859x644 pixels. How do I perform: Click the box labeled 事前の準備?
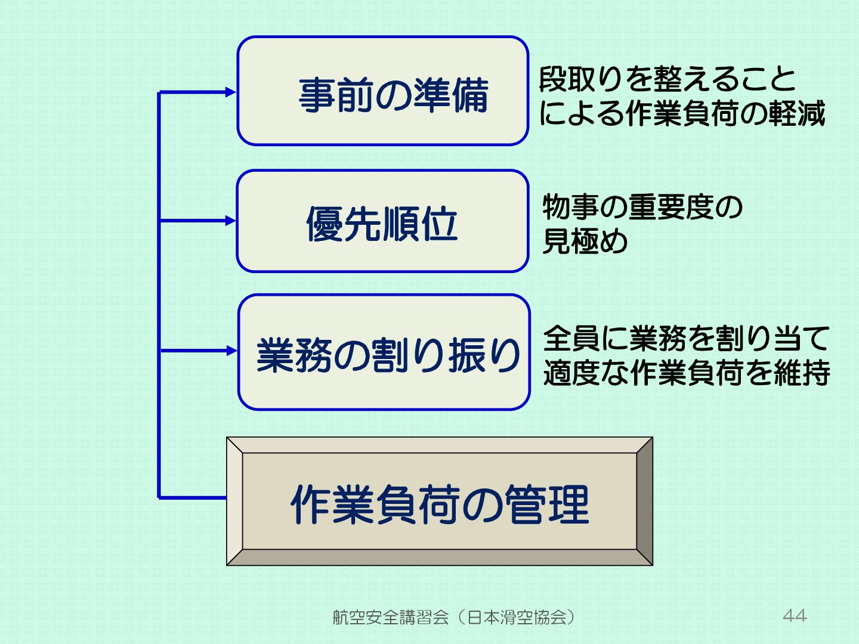coord(383,91)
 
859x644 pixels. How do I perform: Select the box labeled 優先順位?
coord(383,221)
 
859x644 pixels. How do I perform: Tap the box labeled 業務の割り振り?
coord(384,352)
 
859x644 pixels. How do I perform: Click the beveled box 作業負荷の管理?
coord(440,501)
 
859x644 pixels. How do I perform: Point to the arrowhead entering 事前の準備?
coord(230,92)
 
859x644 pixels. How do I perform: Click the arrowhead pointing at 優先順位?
coord(230,221)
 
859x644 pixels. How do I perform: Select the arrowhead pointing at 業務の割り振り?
coord(231,351)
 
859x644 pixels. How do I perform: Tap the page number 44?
coord(795,615)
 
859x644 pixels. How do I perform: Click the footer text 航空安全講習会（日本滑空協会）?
coord(454,617)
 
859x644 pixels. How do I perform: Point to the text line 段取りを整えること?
coord(668,79)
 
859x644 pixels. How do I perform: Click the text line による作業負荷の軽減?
coord(682,113)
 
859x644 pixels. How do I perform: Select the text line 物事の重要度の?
coord(642,207)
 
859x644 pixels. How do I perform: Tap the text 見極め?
coord(585,241)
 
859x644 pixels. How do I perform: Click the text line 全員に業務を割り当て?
coord(686,338)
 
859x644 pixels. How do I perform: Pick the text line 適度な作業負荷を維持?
coord(686,373)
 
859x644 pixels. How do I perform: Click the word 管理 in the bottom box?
coord(547,504)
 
